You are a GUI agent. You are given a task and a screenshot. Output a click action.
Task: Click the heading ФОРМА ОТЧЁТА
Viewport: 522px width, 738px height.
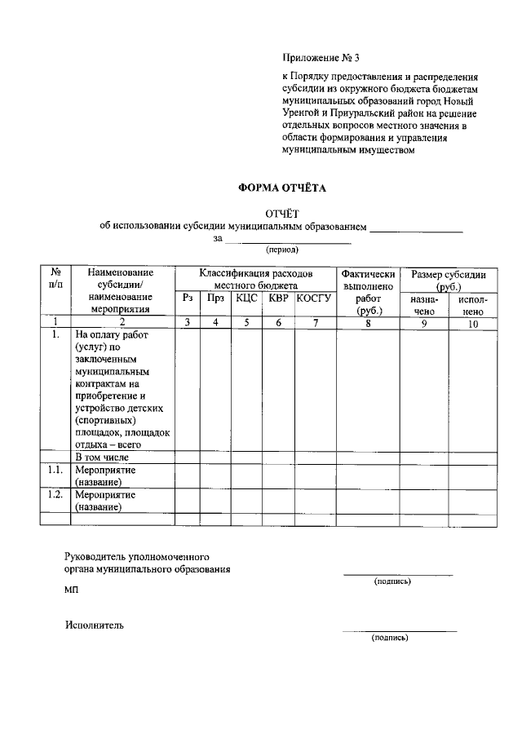pyautogui.click(x=281, y=188)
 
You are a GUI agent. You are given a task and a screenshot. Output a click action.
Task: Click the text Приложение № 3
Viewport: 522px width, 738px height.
pyautogui.click(x=321, y=58)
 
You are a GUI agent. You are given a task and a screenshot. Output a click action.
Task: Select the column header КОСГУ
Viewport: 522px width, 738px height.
pyautogui.click(x=315, y=298)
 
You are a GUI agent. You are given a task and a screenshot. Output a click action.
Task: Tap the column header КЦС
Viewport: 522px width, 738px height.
pyautogui.click(x=246, y=298)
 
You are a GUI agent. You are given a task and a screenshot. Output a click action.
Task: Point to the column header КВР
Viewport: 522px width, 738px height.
pyautogui.click(x=279, y=298)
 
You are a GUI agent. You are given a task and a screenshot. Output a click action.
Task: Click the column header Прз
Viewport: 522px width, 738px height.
pyautogui.click(x=215, y=298)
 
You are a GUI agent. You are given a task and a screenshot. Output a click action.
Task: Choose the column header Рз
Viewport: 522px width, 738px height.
pyautogui.click(x=188, y=298)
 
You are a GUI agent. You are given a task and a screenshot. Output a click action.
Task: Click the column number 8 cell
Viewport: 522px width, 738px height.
pyautogui.click(x=369, y=322)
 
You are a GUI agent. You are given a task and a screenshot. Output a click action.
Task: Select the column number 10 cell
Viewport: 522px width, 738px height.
pyautogui.click(x=473, y=323)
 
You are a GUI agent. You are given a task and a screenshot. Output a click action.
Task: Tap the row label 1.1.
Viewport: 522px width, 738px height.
pyautogui.click(x=55, y=471)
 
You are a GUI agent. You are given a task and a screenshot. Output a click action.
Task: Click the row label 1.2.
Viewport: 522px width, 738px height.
pyautogui.click(x=55, y=494)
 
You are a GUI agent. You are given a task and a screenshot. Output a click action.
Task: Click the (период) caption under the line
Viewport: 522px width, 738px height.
pyautogui.click(x=282, y=250)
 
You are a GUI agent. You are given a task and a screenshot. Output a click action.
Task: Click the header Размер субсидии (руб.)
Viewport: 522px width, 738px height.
pyautogui.click(x=448, y=280)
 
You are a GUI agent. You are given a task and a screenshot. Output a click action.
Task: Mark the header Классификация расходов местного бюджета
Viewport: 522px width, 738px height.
pyautogui.click(x=256, y=280)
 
